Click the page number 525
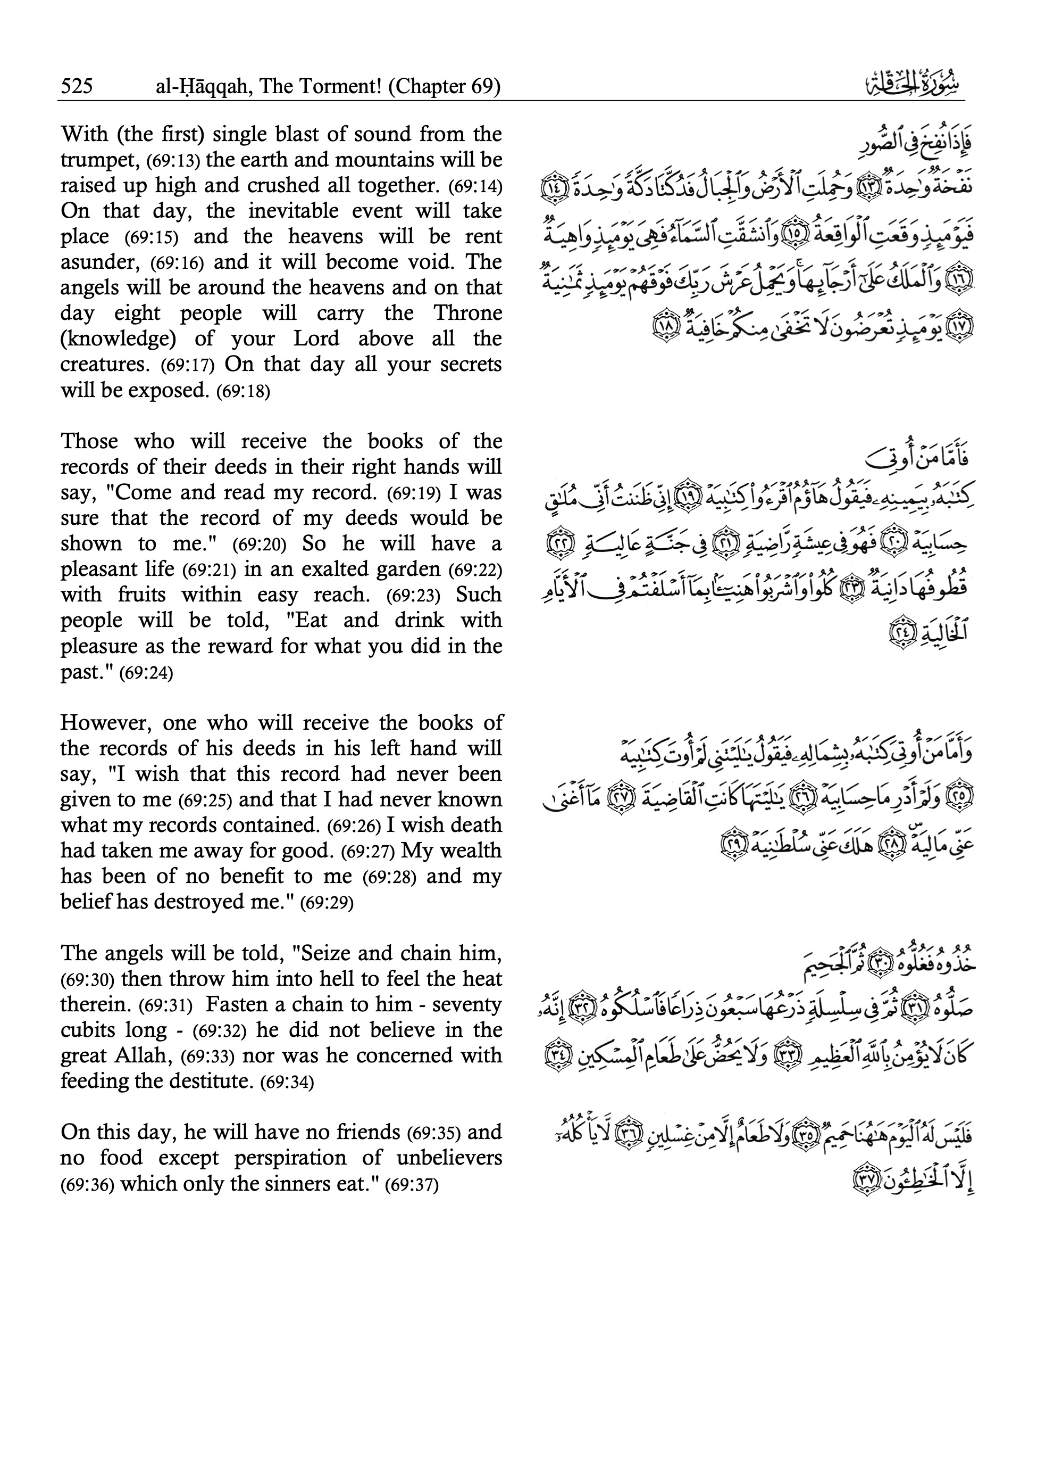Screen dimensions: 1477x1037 tap(77, 86)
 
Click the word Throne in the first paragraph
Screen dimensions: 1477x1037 tap(467, 313)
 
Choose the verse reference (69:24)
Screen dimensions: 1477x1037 tap(147, 673)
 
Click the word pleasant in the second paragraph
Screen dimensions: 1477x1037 tap(98, 570)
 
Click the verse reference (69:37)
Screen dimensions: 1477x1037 tap(412, 1184)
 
